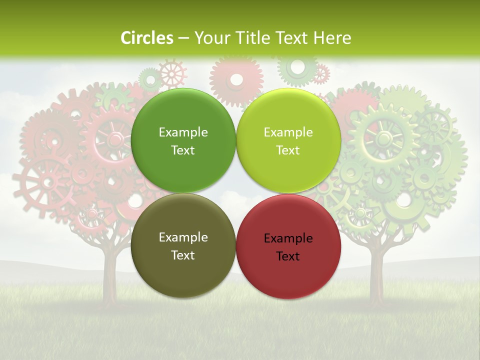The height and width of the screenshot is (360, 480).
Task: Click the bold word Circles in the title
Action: [x=147, y=38]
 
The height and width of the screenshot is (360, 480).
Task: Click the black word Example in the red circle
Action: [x=288, y=238]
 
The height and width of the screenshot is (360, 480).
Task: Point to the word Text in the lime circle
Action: [x=288, y=150]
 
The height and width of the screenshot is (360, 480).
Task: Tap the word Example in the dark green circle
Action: [x=183, y=132]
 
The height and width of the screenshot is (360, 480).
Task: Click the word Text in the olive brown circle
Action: [x=183, y=255]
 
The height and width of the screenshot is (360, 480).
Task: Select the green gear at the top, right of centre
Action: [x=298, y=68]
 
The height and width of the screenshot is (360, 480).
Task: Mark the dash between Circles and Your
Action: [x=183, y=38]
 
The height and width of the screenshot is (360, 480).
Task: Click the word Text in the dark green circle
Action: [x=183, y=150]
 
